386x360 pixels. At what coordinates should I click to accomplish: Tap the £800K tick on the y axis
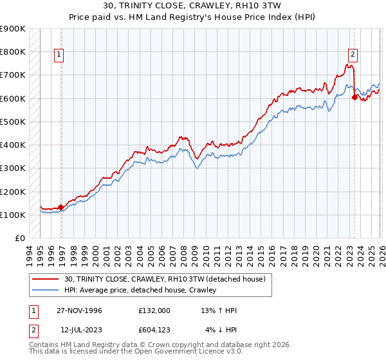tap(13, 51)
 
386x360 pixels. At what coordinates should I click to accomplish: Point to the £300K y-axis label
tap(13, 168)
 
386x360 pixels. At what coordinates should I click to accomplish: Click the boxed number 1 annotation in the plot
tap(59, 55)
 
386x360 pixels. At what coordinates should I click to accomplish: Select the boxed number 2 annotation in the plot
tap(353, 55)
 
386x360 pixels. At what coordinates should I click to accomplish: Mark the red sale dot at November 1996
tap(61, 207)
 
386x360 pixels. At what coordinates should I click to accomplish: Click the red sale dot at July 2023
tap(354, 97)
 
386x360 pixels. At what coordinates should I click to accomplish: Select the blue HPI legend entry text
tap(140, 290)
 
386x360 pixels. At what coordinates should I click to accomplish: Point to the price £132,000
tap(154, 310)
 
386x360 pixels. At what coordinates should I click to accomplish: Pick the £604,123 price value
tap(154, 330)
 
